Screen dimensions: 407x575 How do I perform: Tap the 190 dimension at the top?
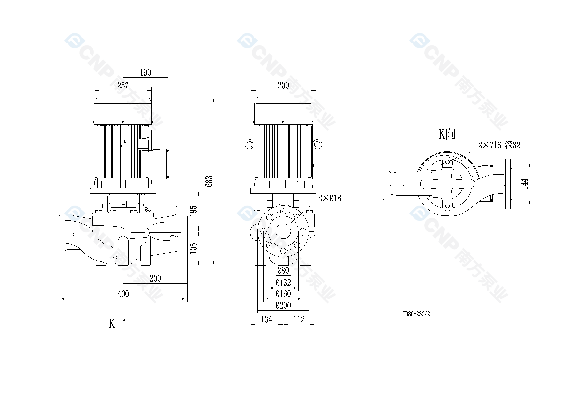(145, 73)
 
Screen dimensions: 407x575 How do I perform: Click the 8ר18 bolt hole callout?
(329, 198)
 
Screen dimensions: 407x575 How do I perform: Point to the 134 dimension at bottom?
(266, 319)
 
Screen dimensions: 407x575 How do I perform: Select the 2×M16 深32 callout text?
(499, 145)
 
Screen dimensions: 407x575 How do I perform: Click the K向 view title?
(447, 134)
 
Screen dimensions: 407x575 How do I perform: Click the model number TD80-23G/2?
(416, 314)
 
